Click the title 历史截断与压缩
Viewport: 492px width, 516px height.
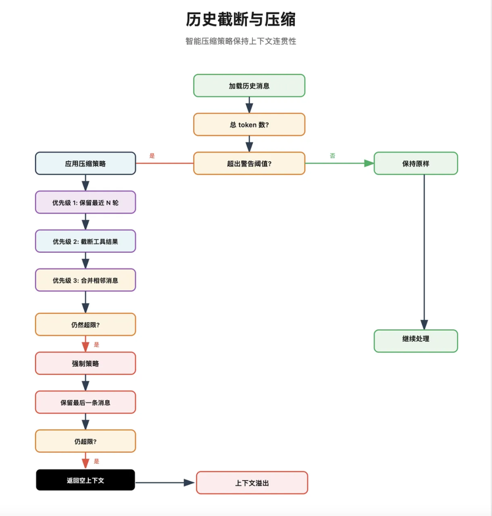(241, 20)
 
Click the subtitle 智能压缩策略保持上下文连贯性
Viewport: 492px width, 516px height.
(241, 41)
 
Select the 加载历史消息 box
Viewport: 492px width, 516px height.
(249, 86)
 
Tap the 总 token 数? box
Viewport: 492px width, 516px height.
(249, 124)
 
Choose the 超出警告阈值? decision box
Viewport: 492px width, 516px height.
(249, 163)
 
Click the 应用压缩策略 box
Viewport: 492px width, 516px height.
(85, 163)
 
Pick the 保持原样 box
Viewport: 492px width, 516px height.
(416, 163)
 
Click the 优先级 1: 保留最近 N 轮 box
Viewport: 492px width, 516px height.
(85, 202)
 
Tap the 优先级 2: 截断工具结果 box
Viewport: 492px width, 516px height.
(85, 241)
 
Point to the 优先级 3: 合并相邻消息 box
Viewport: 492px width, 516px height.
(85, 280)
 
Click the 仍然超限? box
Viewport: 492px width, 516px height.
(85, 324)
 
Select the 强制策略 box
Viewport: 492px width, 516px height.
(85, 363)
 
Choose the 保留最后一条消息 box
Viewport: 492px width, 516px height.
(85, 402)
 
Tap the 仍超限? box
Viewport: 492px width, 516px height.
(85, 441)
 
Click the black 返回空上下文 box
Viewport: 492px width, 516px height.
(85, 480)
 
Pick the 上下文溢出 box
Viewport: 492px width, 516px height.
(252, 483)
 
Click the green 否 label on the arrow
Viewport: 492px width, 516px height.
(333, 155)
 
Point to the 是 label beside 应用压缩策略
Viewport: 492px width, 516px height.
(152, 155)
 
